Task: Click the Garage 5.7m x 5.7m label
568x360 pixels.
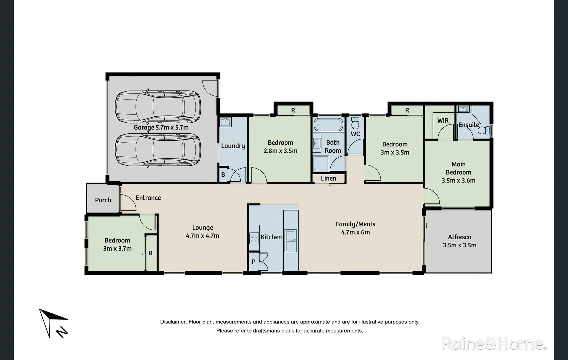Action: (x=161, y=127)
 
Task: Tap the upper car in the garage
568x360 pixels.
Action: (x=158, y=106)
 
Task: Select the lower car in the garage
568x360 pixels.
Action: (x=158, y=150)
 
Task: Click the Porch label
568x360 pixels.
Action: (x=103, y=200)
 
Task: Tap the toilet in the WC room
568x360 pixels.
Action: (x=355, y=124)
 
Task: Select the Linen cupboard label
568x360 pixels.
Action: (x=328, y=178)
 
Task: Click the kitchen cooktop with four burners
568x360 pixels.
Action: (x=254, y=238)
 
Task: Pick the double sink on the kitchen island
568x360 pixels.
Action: (x=290, y=240)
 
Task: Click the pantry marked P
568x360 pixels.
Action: (x=254, y=262)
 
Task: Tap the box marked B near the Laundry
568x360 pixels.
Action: (x=223, y=175)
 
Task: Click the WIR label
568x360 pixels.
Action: (x=443, y=121)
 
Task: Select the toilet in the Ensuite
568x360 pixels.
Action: (x=484, y=130)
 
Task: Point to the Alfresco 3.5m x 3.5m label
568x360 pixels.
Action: (x=459, y=241)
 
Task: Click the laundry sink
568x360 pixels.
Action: (x=226, y=122)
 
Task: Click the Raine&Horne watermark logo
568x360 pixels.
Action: (x=494, y=343)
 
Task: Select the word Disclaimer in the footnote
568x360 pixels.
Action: (x=173, y=322)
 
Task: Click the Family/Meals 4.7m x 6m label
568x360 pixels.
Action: (x=355, y=228)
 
